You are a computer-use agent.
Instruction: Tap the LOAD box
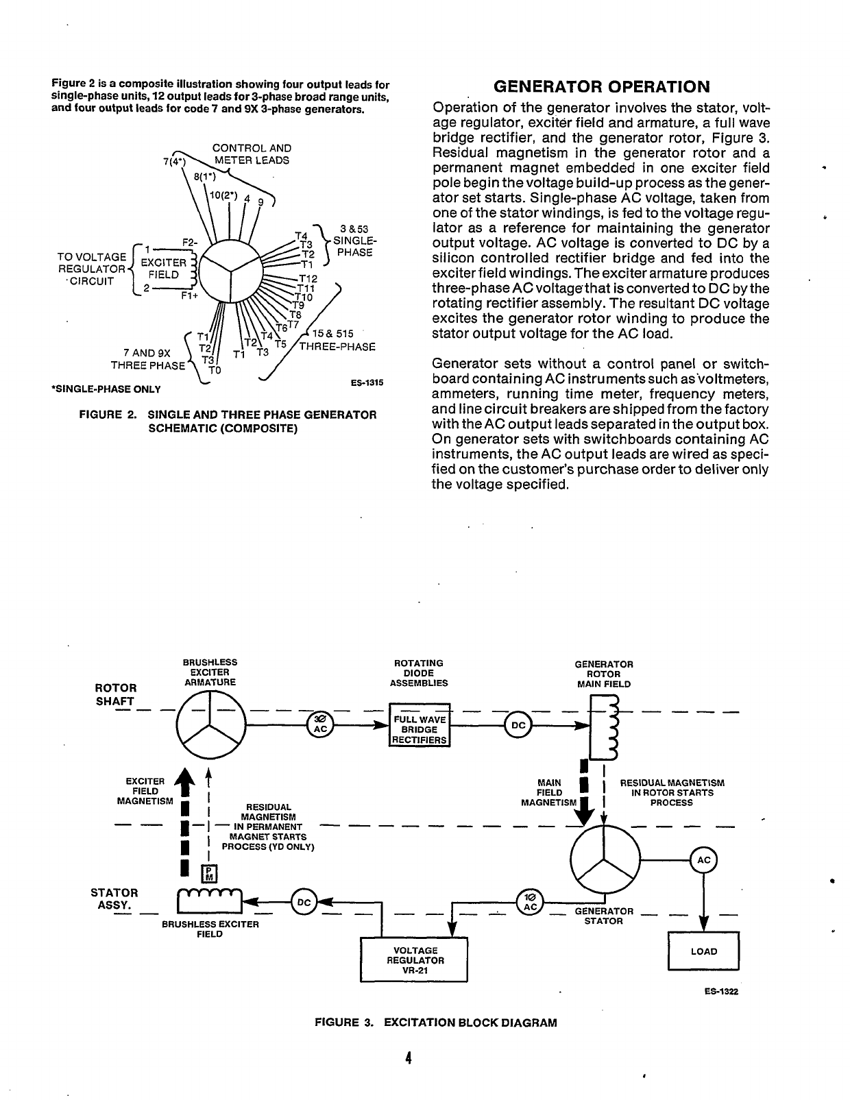704,951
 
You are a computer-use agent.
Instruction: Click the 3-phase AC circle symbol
320,724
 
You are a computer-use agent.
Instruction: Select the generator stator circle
604,859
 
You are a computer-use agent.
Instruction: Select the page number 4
407,1058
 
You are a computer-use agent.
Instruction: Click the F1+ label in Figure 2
189,297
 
